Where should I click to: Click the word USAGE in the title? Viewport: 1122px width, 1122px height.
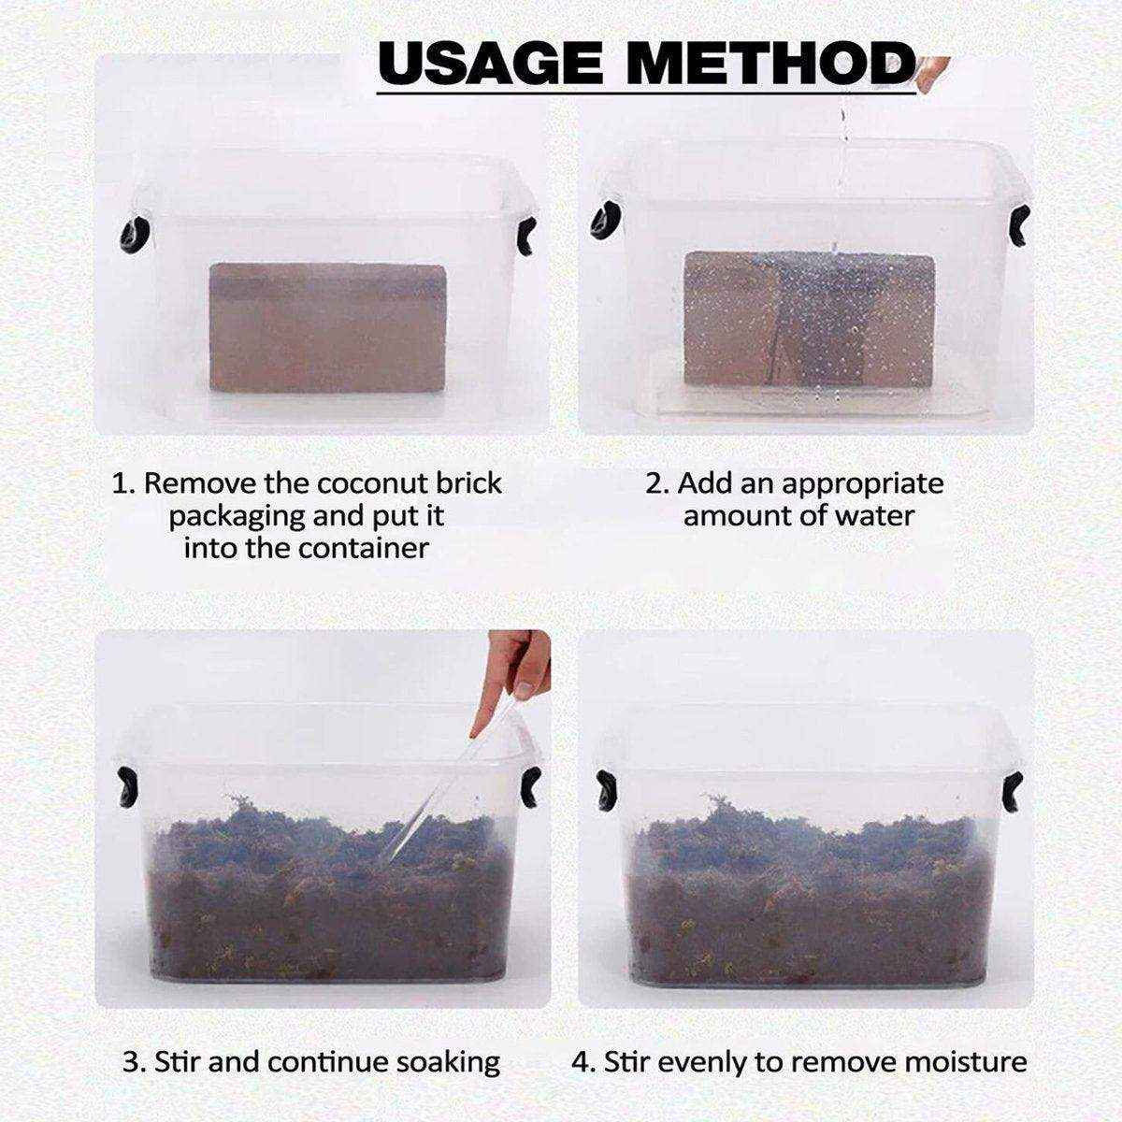click(491, 65)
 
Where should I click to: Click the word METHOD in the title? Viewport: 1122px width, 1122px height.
click(770, 65)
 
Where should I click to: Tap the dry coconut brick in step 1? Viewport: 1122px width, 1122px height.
click(328, 328)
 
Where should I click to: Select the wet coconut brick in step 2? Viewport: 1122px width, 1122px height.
click(810, 319)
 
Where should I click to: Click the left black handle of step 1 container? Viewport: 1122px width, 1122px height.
click(135, 236)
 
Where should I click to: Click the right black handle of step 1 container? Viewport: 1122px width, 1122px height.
click(526, 237)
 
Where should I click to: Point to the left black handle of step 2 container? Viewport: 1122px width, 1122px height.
click(606, 222)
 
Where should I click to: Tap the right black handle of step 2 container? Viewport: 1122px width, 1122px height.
click(1020, 225)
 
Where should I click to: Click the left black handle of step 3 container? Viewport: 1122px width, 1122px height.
click(126, 786)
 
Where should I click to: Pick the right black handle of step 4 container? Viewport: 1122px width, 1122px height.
click(1014, 791)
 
